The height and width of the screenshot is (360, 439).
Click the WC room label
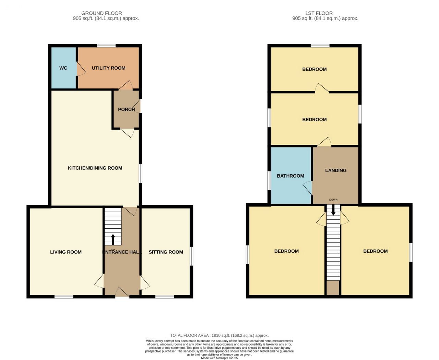coord(63,68)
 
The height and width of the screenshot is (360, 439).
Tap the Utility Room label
coord(108,68)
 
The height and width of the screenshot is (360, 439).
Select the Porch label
coord(126,109)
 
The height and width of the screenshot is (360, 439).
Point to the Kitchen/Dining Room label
coord(95,168)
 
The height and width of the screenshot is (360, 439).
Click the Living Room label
coord(66,252)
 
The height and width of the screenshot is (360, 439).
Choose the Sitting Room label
coord(166,252)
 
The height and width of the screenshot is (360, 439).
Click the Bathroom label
coord(290,176)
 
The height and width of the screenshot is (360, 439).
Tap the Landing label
coord(336,170)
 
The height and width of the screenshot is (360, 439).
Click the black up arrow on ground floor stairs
coord(113,240)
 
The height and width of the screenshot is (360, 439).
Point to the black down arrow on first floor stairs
coord(333,210)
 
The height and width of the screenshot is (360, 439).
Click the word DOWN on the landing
coord(333,200)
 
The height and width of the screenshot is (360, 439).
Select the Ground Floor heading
coord(102,13)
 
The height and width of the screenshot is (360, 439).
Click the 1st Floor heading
coord(319,13)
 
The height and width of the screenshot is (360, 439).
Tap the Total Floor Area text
coord(219,335)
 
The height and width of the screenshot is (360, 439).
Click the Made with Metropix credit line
coord(219,358)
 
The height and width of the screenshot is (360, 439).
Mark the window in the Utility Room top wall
coord(106,46)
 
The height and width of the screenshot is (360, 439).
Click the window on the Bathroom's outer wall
coord(269,181)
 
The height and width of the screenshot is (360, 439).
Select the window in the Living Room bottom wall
coord(64,297)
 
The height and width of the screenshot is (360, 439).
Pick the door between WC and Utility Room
coord(81,69)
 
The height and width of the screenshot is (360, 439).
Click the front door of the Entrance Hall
coord(122,292)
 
